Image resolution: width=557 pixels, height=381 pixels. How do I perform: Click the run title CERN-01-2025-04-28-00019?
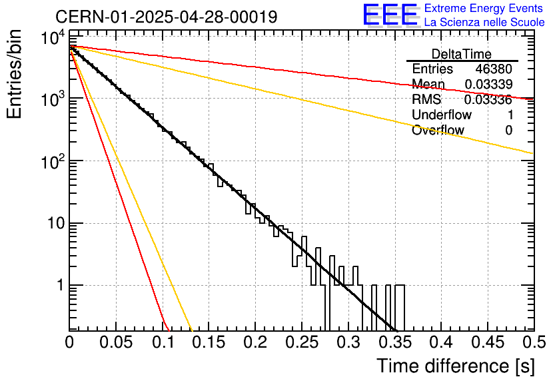167,17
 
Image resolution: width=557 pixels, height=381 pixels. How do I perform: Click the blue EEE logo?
390,15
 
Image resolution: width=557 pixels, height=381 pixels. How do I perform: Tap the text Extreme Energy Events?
484,8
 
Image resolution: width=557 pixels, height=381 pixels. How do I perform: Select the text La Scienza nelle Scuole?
484,22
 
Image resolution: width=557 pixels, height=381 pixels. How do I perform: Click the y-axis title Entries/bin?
14,74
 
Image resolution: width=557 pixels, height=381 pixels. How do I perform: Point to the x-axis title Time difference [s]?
456,366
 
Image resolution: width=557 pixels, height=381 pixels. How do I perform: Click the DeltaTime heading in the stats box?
462,54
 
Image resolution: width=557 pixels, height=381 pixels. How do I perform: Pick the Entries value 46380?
494,69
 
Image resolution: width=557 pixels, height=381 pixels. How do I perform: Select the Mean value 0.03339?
488,84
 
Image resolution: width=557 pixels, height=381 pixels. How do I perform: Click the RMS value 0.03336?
488,99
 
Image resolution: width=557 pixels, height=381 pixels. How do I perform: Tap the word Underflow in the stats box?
442,115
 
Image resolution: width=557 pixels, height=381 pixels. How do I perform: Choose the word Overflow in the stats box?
438,130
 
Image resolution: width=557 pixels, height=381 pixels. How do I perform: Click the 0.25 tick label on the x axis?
302,342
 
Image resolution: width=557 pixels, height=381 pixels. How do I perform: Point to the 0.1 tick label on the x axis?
163,342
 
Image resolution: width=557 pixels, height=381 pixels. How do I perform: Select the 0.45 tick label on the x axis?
488,342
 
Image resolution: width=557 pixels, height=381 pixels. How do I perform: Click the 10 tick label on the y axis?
56,223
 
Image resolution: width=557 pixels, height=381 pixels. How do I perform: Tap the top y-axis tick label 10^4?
53,37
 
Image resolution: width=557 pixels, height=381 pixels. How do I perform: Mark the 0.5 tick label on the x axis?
534,342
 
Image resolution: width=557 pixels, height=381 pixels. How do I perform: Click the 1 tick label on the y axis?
61,285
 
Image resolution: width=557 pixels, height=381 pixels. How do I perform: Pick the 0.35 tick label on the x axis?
395,342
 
